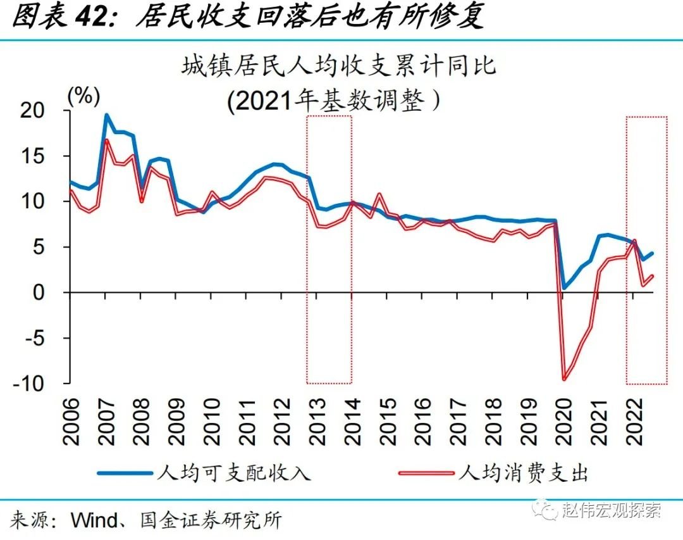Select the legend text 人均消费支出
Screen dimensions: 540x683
[525, 473]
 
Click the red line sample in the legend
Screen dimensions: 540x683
[427, 473]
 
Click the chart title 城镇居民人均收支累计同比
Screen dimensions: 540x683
[340, 66]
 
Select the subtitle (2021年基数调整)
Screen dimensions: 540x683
[334, 100]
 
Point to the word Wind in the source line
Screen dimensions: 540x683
[94, 520]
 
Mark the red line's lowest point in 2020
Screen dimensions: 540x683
[563, 379]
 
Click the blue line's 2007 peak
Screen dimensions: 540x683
[106, 115]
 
